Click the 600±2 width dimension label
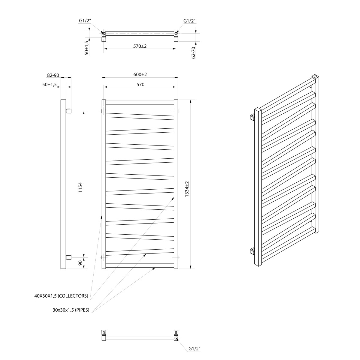click(x=140, y=74)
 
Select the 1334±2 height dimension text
click(x=187, y=189)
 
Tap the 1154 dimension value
click(x=80, y=187)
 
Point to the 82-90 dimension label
click(x=53, y=75)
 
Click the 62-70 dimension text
click(x=193, y=53)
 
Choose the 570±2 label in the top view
click(x=140, y=46)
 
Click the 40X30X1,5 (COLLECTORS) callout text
click(x=61, y=296)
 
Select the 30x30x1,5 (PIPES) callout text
click(x=71, y=310)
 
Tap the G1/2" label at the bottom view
click(x=194, y=348)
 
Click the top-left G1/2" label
click(x=85, y=21)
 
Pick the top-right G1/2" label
click(x=189, y=21)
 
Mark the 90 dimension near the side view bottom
click(x=80, y=263)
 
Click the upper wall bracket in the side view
click(x=69, y=111)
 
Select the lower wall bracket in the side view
click(x=69, y=257)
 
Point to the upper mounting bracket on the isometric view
click(x=252, y=117)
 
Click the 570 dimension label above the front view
click(x=140, y=84)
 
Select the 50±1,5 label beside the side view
click(x=49, y=84)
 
